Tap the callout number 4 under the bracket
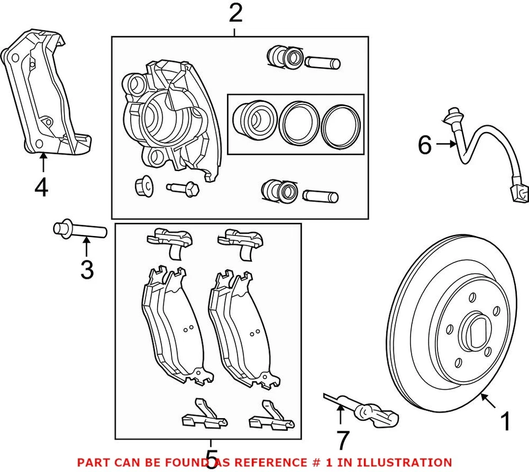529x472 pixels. click(41, 188)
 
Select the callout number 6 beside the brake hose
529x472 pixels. click(424, 145)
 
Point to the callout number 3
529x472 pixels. click(87, 270)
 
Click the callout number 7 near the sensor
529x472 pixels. click(343, 440)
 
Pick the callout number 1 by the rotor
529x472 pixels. click(504, 422)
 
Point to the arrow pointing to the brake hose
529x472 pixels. click(445, 145)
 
